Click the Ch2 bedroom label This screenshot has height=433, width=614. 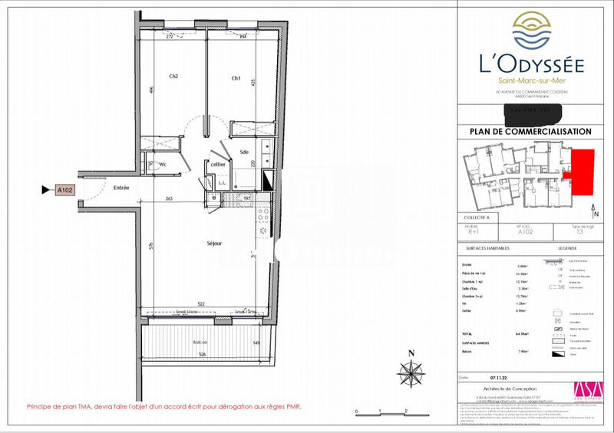(x=174, y=77)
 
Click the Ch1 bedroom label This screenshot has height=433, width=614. (x=236, y=78)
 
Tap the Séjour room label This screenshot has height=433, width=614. (x=214, y=244)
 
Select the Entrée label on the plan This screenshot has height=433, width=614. (x=121, y=188)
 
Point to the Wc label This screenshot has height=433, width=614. (x=163, y=164)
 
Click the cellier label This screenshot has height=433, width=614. (x=218, y=164)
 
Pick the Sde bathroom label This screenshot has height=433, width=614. (x=243, y=152)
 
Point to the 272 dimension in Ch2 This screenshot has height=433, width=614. (x=170, y=37)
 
